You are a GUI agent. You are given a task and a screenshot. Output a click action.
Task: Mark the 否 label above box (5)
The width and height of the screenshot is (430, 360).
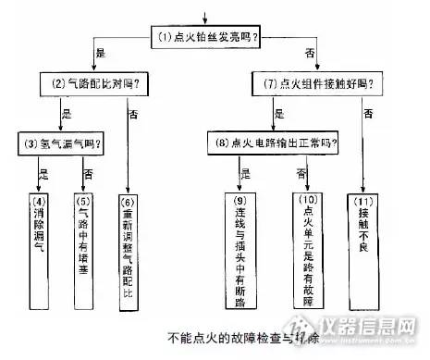pos(89,174)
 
